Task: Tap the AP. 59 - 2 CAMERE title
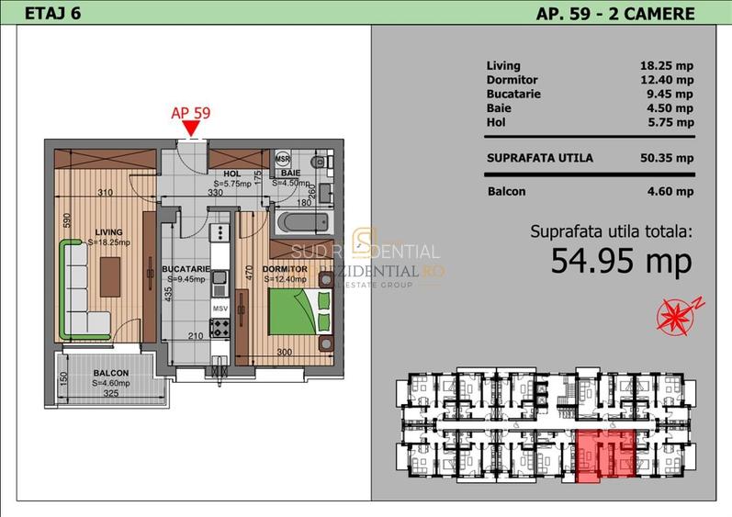pyautogui.click(x=614, y=13)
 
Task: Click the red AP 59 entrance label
pyautogui.click(x=192, y=113)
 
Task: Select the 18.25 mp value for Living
pyautogui.click(x=666, y=66)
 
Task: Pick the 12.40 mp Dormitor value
pyautogui.click(x=666, y=80)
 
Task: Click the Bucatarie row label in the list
pyautogui.click(x=513, y=94)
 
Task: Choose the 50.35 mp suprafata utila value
pyautogui.click(x=666, y=158)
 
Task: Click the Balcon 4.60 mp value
pyautogui.click(x=666, y=192)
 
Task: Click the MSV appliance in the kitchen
pyautogui.click(x=220, y=309)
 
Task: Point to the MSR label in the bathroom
pyautogui.click(x=283, y=157)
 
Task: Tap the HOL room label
pyautogui.click(x=231, y=173)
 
